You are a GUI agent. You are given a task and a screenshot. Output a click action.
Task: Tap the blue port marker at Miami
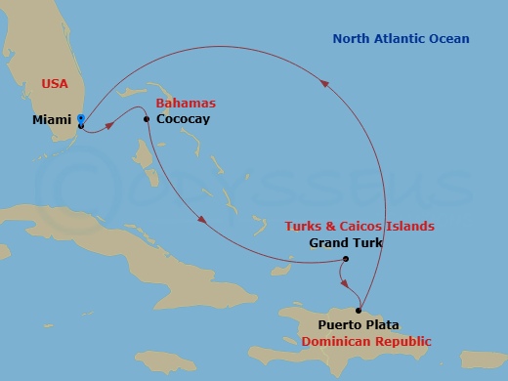tap(81, 118)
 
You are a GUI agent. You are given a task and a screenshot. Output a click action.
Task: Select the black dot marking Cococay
tap(147, 119)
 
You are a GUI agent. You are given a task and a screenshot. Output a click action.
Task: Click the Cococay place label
tap(183, 119)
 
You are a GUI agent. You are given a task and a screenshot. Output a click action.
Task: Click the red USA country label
tap(55, 84)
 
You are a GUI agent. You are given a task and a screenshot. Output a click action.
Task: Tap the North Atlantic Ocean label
tap(401, 39)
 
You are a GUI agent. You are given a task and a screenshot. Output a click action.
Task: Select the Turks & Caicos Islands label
tap(360, 227)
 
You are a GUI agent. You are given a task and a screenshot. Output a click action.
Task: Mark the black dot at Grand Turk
tap(346, 259)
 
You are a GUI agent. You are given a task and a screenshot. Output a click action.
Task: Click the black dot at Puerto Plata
tap(359, 311)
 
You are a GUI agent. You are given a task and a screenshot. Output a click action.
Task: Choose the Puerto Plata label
tap(359, 325)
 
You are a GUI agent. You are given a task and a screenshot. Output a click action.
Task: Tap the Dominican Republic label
tap(366, 342)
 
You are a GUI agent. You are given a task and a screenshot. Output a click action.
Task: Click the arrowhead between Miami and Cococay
tap(114, 123)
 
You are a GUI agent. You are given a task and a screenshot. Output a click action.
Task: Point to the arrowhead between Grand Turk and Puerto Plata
tap(345, 282)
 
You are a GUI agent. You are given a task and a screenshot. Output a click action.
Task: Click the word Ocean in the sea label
tap(448, 39)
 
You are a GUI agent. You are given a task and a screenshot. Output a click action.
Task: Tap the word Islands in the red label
tap(408, 227)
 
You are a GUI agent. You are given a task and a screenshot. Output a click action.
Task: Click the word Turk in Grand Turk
tap(359, 243)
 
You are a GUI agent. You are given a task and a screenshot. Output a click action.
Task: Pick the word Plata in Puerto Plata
tap(382, 325)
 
